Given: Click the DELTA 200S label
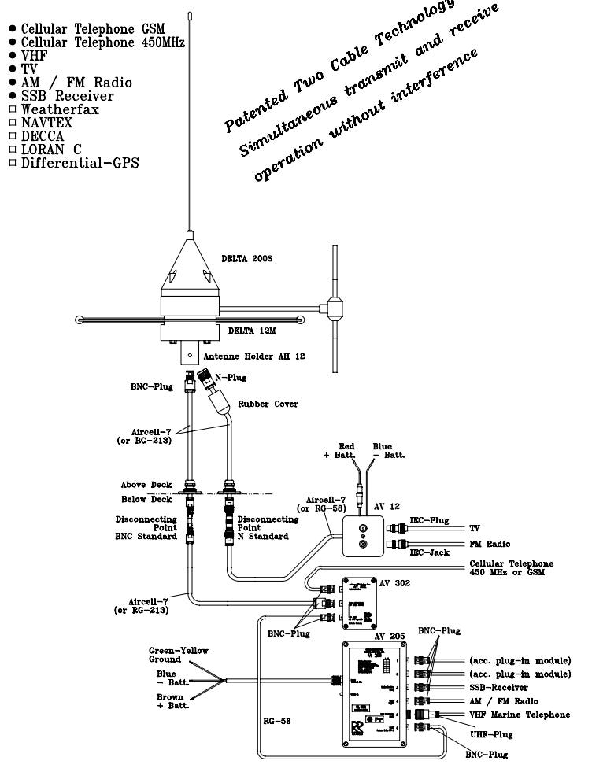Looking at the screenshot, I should pos(246,259).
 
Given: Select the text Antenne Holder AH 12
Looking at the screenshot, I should pos(259,356).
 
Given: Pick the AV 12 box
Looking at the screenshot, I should pos(363,536).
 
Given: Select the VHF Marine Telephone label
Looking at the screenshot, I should pos(520,715).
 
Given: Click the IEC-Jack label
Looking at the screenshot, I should pos(428,552).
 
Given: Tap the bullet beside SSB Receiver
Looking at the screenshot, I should pos(12,96).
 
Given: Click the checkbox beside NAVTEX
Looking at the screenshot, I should pos(12,123).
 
